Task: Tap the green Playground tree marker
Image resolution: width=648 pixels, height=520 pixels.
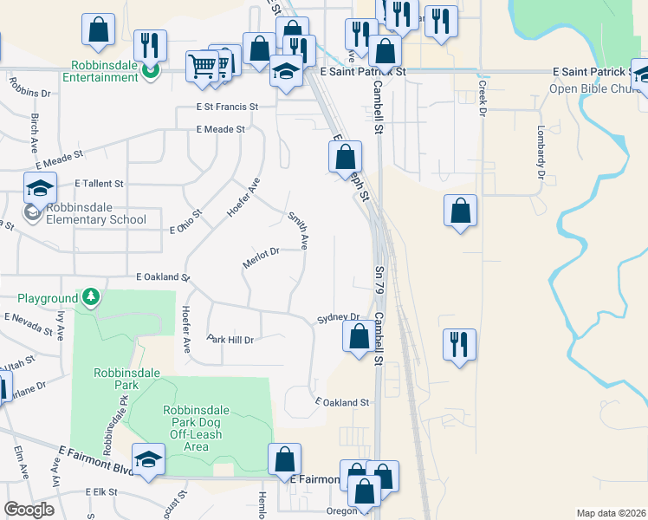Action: [91, 298]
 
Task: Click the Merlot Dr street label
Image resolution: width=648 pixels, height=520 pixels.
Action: [261, 258]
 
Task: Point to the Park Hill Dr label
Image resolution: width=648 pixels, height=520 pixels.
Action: [230, 340]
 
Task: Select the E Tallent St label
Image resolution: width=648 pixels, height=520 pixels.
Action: [100, 184]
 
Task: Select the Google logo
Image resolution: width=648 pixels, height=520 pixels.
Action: [29, 510]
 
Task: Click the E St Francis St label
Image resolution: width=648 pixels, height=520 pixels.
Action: [226, 107]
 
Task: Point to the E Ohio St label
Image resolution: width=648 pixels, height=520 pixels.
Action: [186, 221]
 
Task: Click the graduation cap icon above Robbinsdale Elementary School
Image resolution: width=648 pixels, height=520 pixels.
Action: [40, 188]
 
